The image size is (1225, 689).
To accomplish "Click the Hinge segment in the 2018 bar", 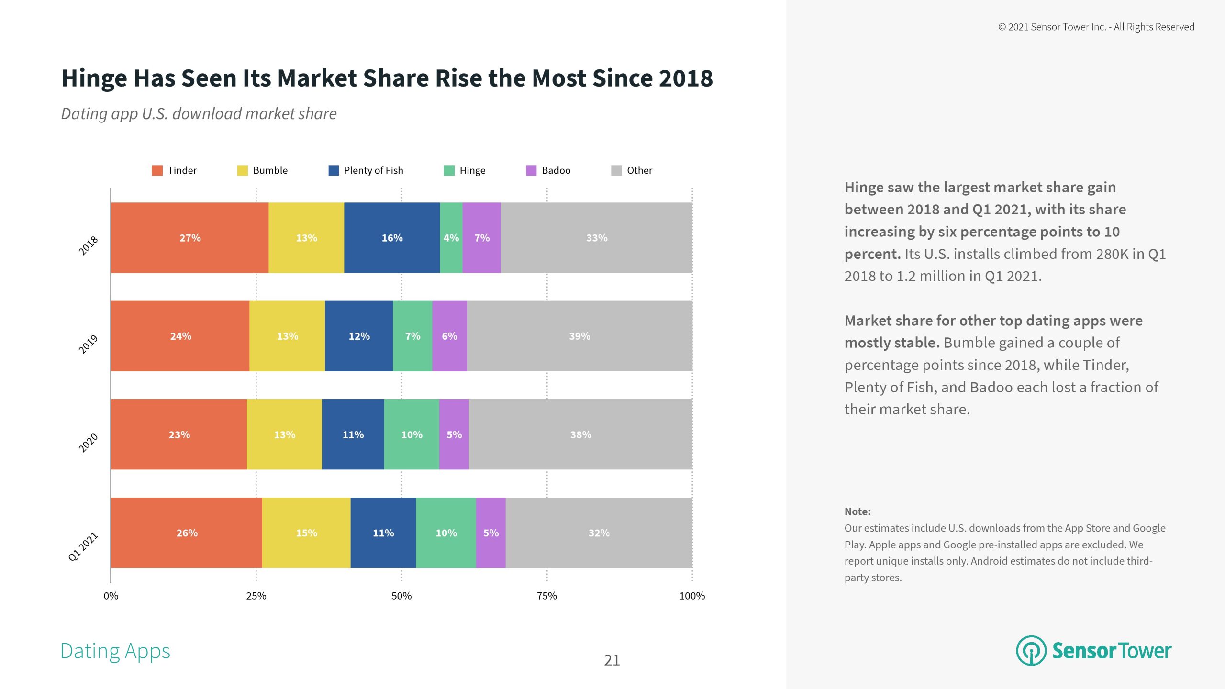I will click(x=451, y=238).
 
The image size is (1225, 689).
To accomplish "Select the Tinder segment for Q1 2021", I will click(x=187, y=533).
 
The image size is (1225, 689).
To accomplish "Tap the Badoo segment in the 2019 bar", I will click(x=449, y=336).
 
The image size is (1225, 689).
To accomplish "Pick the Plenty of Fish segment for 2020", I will click(x=353, y=434).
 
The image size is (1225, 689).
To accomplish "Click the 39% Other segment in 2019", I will click(x=579, y=336).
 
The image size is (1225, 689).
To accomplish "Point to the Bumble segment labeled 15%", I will click(x=306, y=533).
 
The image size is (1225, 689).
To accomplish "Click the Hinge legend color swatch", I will click(x=449, y=170).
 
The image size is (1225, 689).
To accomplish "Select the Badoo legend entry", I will click(x=556, y=170).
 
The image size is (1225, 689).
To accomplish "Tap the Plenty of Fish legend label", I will click(x=373, y=170).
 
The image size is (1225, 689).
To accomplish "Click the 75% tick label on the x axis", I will click(x=546, y=596).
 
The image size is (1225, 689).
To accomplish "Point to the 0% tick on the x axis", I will click(x=111, y=596).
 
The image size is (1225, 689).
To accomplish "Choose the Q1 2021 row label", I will click(x=83, y=546).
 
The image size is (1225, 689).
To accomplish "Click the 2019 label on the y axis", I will click(x=88, y=344).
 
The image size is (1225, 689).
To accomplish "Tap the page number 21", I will click(x=612, y=660).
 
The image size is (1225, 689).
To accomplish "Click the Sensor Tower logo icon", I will click(x=1031, y=651).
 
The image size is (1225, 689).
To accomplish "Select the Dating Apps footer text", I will click(x=115, y=651).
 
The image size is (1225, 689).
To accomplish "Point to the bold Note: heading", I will click(x=857, y=511).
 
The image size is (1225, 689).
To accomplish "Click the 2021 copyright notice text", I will click(x=1096, y=27).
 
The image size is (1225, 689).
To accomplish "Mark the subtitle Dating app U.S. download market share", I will click(x=199, y=114).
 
